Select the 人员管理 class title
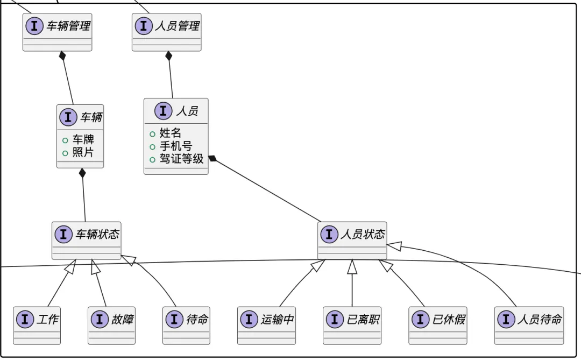point(177,26)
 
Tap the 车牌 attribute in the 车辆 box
point(83,140)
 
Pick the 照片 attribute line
point(83,153)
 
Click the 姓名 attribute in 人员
point(171,133)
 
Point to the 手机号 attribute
point(176,146)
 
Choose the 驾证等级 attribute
point(181,159)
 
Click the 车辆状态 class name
point(97,234)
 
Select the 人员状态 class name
point(363,234)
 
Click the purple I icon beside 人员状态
point(329,234)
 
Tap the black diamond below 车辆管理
point(62,55)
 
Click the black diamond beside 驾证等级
point(213,158)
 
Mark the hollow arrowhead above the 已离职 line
point(352,265)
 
